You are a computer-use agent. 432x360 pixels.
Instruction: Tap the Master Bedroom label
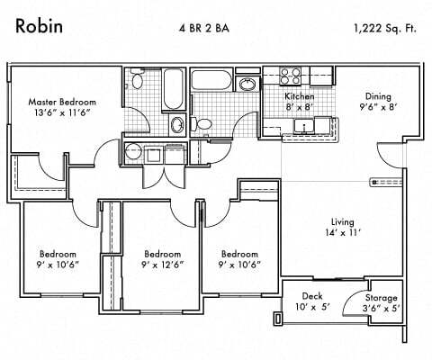point(62,102)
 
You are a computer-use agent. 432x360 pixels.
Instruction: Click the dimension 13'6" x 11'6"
point(62,114)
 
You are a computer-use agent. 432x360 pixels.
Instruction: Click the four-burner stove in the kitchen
point(292,75)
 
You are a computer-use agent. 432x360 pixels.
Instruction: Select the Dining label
point(378,95)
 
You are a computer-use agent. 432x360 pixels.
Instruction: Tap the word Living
point(342,221)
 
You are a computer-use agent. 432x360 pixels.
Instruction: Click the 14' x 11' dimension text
point(342,234)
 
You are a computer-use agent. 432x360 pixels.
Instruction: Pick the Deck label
point(311,296)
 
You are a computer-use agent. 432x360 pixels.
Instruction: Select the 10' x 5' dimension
point(311,308)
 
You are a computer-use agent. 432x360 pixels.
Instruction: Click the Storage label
point(381,297)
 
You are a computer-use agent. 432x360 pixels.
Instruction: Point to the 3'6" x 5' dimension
point(381,309)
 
